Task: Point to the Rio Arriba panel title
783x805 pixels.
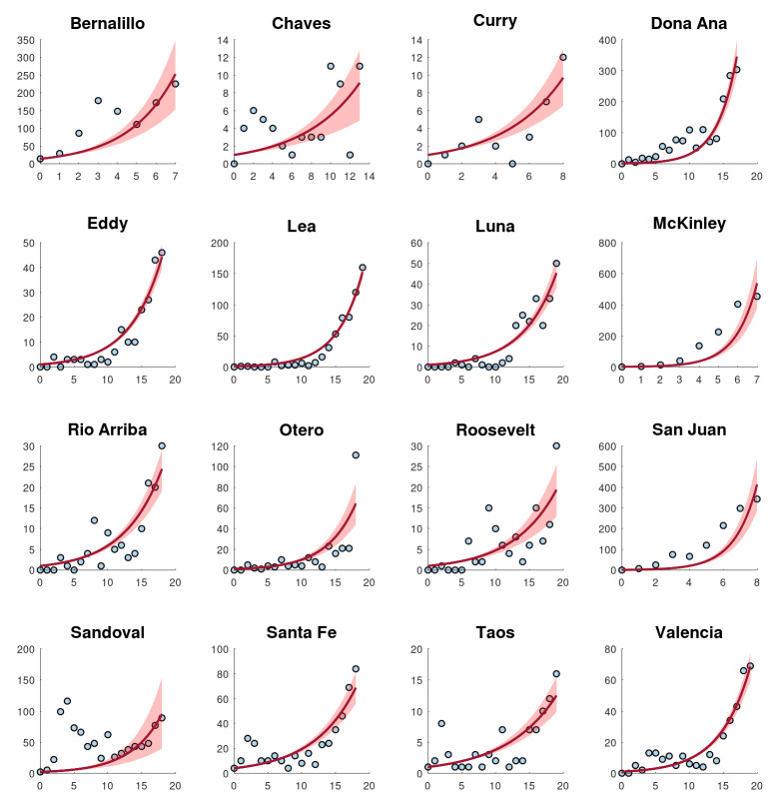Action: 108,428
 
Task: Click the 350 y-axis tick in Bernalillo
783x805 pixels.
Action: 22,40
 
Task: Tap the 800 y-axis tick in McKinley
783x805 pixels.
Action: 605,244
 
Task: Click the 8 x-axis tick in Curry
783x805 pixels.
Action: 563,177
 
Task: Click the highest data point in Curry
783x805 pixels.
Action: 563,57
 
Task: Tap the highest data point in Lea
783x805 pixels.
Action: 362,268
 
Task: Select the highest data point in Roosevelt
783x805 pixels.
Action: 556,446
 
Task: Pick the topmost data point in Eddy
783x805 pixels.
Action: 162,253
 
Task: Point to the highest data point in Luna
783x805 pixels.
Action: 556,264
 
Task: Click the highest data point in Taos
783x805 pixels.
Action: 556,674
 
